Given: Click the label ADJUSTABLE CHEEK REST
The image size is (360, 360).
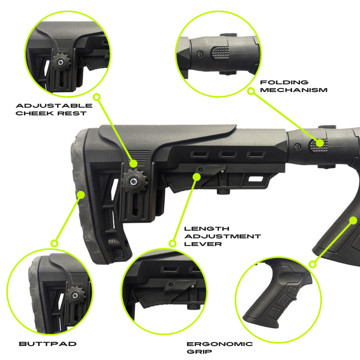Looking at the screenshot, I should [x=54, y=109].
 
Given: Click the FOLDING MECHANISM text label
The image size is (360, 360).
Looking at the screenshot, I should [x=293, y=86].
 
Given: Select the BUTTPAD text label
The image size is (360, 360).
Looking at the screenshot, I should [x=48, y=344].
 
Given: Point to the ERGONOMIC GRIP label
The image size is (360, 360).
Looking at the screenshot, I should [x=220, y=348].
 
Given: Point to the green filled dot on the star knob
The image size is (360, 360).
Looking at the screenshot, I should [x=133, y=164].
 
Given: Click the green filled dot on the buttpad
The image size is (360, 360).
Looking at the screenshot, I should [x=81, y=194].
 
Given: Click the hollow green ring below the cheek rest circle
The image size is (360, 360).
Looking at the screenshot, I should [x=97, y=97].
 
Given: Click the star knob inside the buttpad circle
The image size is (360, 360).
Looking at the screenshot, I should [x=76, y=294].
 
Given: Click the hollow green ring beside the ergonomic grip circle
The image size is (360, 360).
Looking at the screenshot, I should [x=312, y=264].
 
